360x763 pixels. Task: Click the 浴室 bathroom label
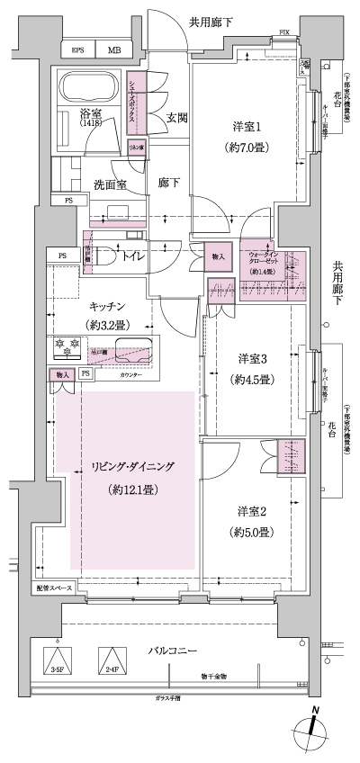90,115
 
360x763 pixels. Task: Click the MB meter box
114,50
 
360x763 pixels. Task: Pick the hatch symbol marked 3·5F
56,660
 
